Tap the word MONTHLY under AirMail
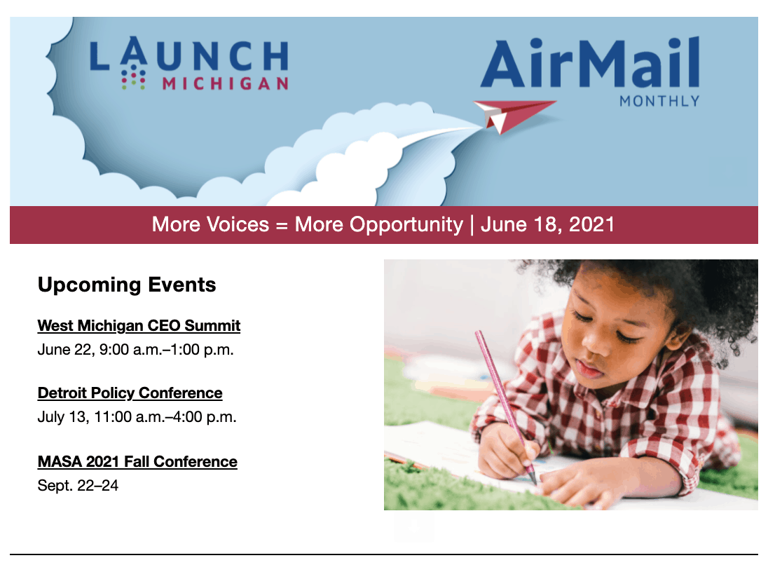pyautogui.click(x=659, y=102)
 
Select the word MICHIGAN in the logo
pyautogui.click(x=226, y=83)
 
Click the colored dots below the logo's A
pyautogui.click(x=133, y=79)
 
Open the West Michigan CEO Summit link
pyautogui.click(x=139, y=325)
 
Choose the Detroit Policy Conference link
pyautogui.click(x=130, y=393)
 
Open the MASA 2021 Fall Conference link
pyautogui.click(x=137, y=462)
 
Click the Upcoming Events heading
pyautogui.click(x=127, y=285)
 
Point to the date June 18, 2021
pyautogui.click(x=547, y=224)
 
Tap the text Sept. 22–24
pyautogui.click(x=78, y=486)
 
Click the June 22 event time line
pyautogui.click(x=136, y=350)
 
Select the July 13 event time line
pyautogui.click(x=137, y=417)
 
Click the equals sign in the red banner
pyautogui.click(x=282, y=226)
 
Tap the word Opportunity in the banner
pyautogui.click(x=378, y=225)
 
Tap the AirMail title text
pyautogui.click(x=590, y=64)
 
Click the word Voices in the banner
pyautogui.click(x=238, y=224)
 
